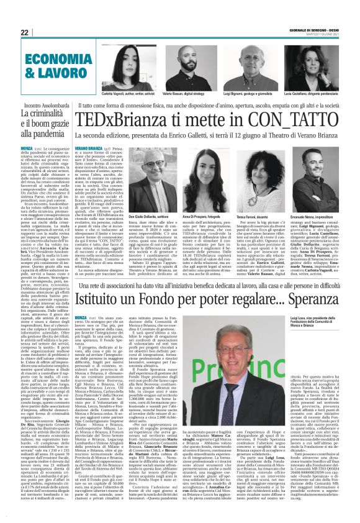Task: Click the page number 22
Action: [x=24, y=32]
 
